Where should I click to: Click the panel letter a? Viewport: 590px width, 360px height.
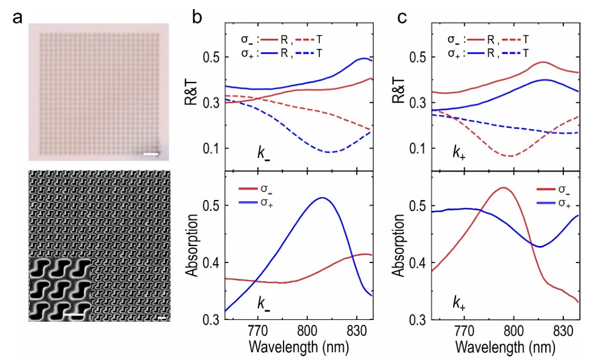[x=21, y=18]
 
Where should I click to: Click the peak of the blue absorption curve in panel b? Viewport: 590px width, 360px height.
[x=323, y=198]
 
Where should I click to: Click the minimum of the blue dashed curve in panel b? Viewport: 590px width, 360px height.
[x=330, y=152]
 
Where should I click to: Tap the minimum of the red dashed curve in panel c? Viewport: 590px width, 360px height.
[x=510, y=156]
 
